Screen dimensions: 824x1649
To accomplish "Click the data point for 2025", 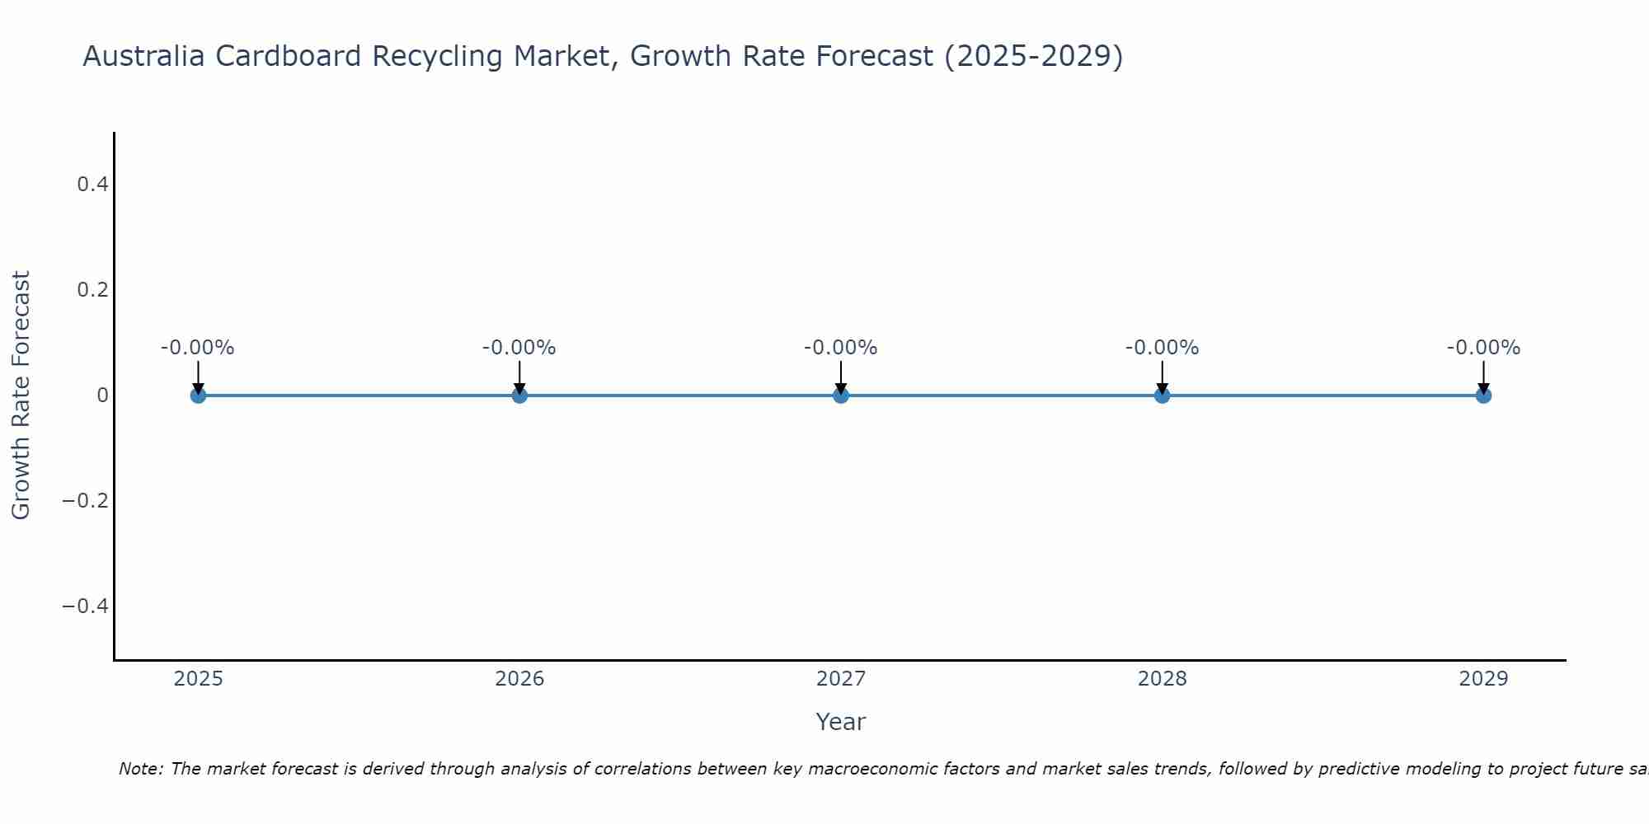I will tap(198, 396).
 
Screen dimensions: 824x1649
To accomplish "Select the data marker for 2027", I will tap(840, 396).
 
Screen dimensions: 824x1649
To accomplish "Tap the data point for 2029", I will tap(1483, 396).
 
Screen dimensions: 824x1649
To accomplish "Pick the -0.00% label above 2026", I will tap(519, 348).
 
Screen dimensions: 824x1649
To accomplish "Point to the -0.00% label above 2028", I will tap(1162, 348).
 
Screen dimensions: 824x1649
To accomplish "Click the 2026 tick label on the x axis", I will tap(519, 679).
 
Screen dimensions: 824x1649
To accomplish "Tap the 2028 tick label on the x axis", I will tap(1162, 679).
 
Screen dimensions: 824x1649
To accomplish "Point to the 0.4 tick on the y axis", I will tap(93, 185).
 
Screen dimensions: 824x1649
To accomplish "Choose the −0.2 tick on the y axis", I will tap(86, 501).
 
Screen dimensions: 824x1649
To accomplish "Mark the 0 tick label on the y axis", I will tap(103, 396).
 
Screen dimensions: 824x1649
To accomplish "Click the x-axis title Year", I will tap(840, 722).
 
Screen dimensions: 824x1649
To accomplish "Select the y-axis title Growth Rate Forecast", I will tap(21, 396).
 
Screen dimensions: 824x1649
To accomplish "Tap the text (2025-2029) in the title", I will tap(1033, 57).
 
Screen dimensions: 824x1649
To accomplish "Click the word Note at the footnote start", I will tap(140, 769).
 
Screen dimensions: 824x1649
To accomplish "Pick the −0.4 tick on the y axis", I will tap(86, 606).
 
